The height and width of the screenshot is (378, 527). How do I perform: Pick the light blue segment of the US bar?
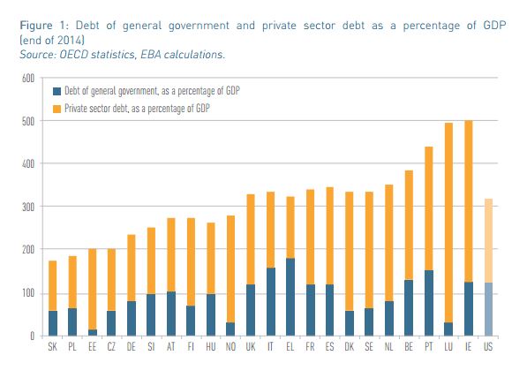488,308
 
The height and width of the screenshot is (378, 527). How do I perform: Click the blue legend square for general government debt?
57,90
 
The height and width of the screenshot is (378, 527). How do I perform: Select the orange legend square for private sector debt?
57,107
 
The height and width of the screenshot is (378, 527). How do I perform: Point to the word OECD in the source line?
78,55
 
